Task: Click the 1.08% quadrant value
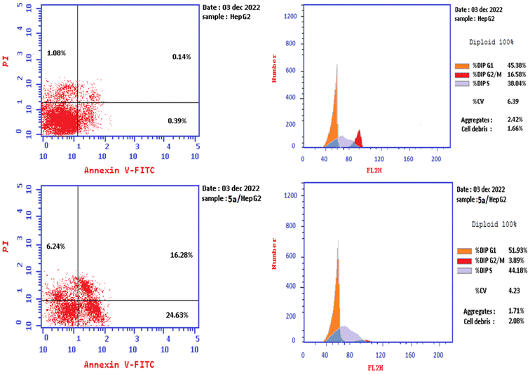coord(56,53)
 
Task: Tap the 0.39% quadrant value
coord(177,121)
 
